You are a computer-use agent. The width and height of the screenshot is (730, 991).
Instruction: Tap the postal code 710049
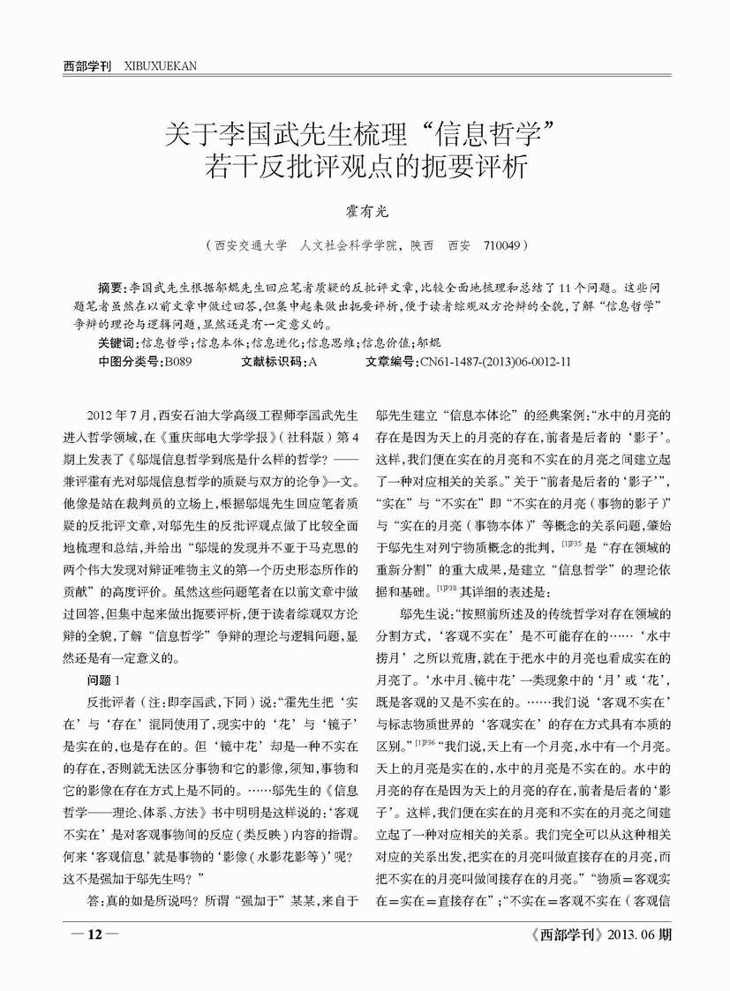click(x=503, y=244)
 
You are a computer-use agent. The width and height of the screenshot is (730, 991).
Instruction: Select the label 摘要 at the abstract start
click(x=110, y=289)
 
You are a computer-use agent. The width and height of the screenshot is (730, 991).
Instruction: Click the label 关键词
click(x=117, y=342)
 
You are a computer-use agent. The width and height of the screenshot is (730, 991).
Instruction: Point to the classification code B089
click(x=176, y=361)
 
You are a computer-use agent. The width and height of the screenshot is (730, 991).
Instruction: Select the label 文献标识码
click(x=269, y=361)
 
